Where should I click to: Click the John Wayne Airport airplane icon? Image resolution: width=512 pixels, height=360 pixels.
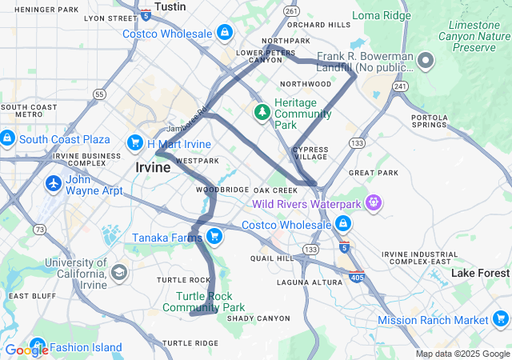click(54, 183)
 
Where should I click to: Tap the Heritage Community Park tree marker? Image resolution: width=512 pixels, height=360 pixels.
click(262, 112)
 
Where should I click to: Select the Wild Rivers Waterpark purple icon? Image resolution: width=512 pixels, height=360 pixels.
click(372, 203)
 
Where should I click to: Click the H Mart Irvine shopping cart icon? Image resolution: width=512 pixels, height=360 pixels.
click(134, 143)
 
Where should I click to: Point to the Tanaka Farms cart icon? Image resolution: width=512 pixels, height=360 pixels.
click(214, 236)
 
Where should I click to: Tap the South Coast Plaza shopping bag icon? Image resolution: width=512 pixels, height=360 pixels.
click(7, 138)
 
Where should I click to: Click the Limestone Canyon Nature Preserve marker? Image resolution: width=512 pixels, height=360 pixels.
click(426, 61)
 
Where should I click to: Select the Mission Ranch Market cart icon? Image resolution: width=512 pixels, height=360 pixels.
click(501, 320)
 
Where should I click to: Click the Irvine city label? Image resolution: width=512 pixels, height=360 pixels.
click(152, 168)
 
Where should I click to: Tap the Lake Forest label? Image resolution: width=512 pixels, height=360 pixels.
click(480, 274)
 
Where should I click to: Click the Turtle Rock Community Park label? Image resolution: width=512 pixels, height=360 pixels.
click(210, 302)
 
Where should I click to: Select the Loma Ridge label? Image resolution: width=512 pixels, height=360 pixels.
click(382, 15)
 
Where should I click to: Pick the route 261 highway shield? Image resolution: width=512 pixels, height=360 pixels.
click(291, 11)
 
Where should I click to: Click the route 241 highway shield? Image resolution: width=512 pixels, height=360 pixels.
click(401, 86)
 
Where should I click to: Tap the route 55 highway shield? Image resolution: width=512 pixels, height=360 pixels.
click(98, 94)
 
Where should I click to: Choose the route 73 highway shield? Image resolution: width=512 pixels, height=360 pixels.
click(40, 230)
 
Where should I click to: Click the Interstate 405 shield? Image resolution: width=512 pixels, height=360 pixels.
click(356, 278)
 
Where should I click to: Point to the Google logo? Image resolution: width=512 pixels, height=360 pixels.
click(26, 350)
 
